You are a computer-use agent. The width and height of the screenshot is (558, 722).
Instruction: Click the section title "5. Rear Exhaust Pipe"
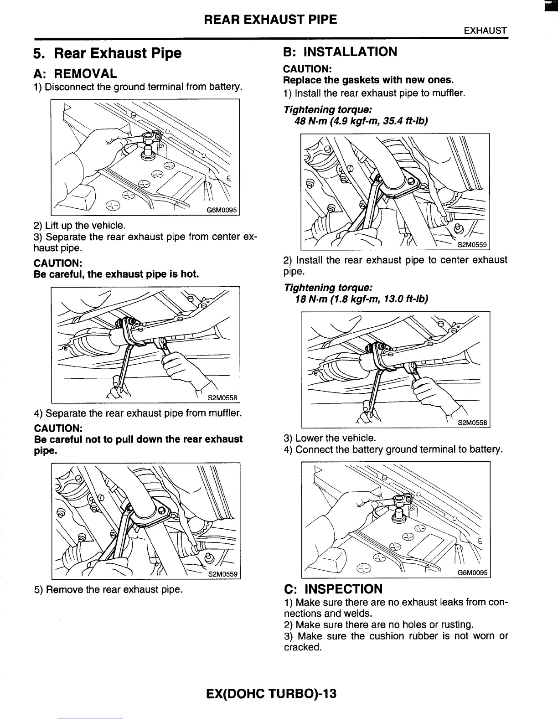coord(108,53)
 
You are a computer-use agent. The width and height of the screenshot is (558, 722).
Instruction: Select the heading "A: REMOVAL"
coord(75,73)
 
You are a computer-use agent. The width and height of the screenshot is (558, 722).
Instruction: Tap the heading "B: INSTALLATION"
coord(340,52)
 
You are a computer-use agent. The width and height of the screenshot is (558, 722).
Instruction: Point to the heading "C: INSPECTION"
coord(333,589)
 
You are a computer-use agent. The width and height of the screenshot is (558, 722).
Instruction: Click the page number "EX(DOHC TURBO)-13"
coord(271,693)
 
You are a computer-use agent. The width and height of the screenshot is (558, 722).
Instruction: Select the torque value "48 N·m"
coord(310,121)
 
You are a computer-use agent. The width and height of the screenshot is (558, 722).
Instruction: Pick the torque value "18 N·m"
coord(310,299)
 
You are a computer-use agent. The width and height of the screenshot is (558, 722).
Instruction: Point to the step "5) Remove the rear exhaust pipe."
coord(108,589)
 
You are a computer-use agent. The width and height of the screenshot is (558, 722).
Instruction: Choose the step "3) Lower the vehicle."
coord(330,438)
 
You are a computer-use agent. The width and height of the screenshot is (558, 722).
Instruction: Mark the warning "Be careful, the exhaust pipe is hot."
coord(116,274)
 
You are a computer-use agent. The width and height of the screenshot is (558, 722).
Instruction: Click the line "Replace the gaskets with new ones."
coord(368,80)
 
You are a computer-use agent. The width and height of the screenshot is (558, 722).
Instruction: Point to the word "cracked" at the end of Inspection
coord(301,647)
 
